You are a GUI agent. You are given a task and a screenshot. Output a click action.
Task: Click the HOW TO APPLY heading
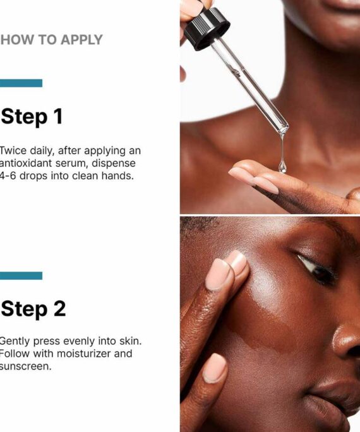point(52,40)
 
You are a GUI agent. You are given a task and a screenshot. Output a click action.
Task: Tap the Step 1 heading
point(32,117)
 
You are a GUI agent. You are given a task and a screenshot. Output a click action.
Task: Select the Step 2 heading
point(33,309)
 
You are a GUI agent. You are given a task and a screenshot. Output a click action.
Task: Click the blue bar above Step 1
point(21,83)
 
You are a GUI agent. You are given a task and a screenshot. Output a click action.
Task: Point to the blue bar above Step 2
point(21,276)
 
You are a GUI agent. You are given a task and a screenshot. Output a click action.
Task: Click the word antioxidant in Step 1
point(26,163)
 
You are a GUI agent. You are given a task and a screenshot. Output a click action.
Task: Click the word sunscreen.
point(26,366)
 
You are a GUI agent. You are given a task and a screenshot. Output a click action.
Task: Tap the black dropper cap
point(207,28)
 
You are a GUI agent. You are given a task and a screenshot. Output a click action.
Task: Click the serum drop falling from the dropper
point(282,166)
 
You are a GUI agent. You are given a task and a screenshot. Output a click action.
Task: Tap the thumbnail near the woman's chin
point(215,368)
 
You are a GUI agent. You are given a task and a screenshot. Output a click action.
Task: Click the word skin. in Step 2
point(130,341)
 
